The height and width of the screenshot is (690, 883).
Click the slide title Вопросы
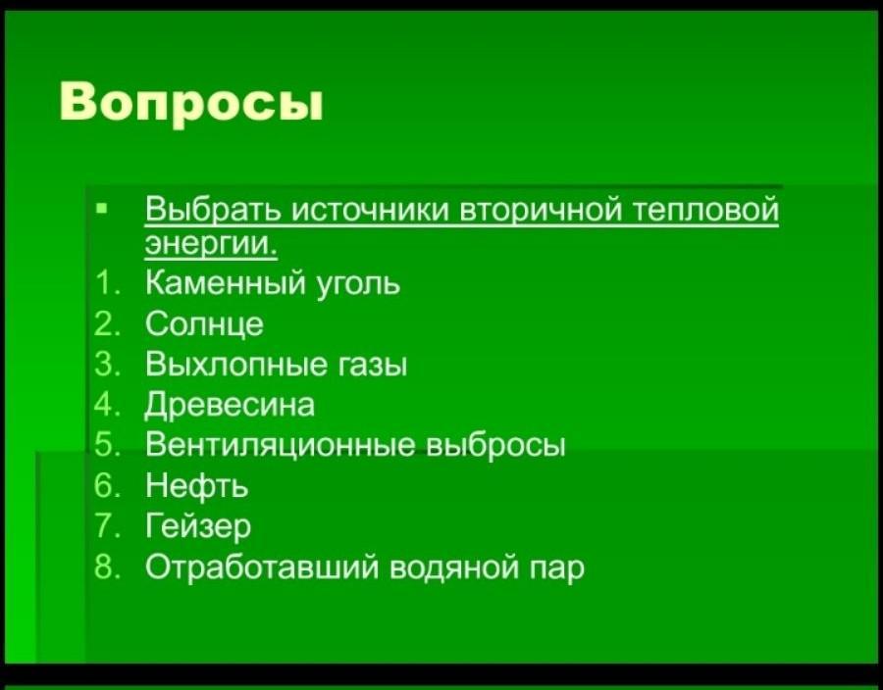coord(191,101)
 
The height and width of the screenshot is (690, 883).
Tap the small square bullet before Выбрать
coord(101,209)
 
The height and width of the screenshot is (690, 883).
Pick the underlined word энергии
coord(212,246)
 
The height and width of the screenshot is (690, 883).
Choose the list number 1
coord(105,283)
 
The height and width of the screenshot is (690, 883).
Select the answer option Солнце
coord(204,324)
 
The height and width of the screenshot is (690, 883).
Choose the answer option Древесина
coord(231,406)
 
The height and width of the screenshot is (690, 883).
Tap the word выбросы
coord(496,445)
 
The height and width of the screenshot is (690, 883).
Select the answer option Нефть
coord(197,485)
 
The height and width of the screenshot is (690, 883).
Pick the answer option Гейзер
coord(198,526)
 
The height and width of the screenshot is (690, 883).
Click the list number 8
coord(105,566)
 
